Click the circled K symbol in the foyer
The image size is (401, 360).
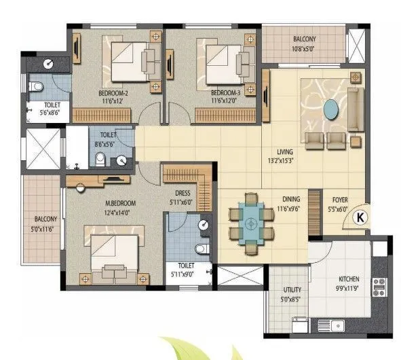pyautogui.click(x=360, y=218)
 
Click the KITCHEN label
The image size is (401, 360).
pyautogui.click(x=349, y=279)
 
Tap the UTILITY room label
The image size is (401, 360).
pyautogui.click(x=292, y=289)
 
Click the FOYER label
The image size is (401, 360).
pyautogui.click(x=341, y=201)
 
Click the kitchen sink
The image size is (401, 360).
pyautogui.click(x=335, y=324)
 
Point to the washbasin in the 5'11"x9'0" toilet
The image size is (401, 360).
pyautogui.click(x=202, y=225)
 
